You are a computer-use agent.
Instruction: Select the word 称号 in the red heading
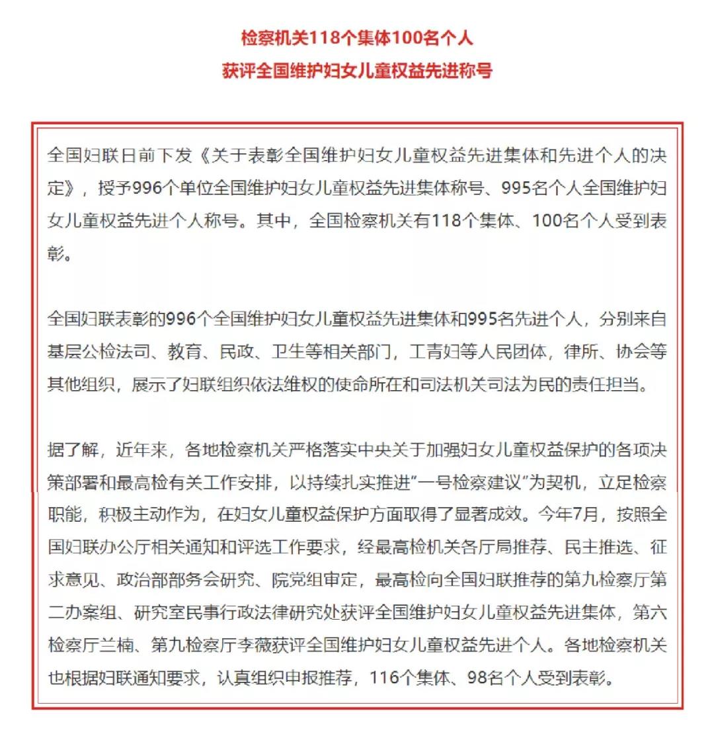click(477, 71)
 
